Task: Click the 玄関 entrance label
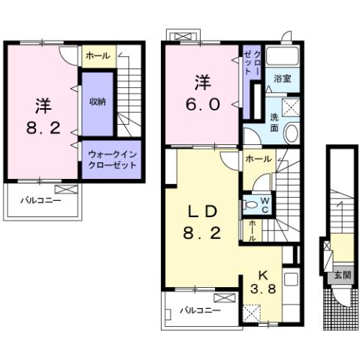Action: coord(342,275)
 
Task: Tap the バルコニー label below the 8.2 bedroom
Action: coord(39,201)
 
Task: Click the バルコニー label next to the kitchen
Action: coord(201,310)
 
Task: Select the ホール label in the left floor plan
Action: coord(95,56)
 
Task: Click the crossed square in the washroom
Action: coord(290,106)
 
